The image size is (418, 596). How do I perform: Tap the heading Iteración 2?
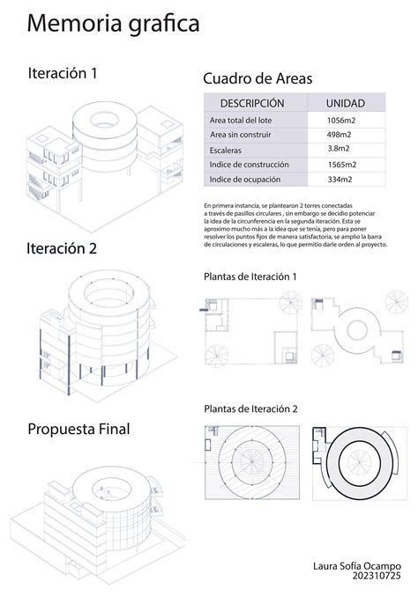click(x=62, y=248)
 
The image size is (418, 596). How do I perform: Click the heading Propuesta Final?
click(x=78, y=430)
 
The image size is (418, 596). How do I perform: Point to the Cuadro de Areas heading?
click(x=258, y=78)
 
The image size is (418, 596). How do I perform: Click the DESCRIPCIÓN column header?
click(x=252, y=103)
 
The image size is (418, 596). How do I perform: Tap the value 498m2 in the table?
click(x=340, y=135)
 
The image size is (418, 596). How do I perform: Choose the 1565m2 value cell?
click(x=340, y=165)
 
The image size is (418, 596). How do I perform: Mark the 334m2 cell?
click(x=340, y=180)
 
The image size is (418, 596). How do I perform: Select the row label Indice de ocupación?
click(x=244, y=180)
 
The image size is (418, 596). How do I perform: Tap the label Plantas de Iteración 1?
click(x=250, y=276)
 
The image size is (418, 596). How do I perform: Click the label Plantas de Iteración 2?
click(x=250, y=408)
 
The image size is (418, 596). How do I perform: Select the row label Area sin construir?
click(x=241, y=135)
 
